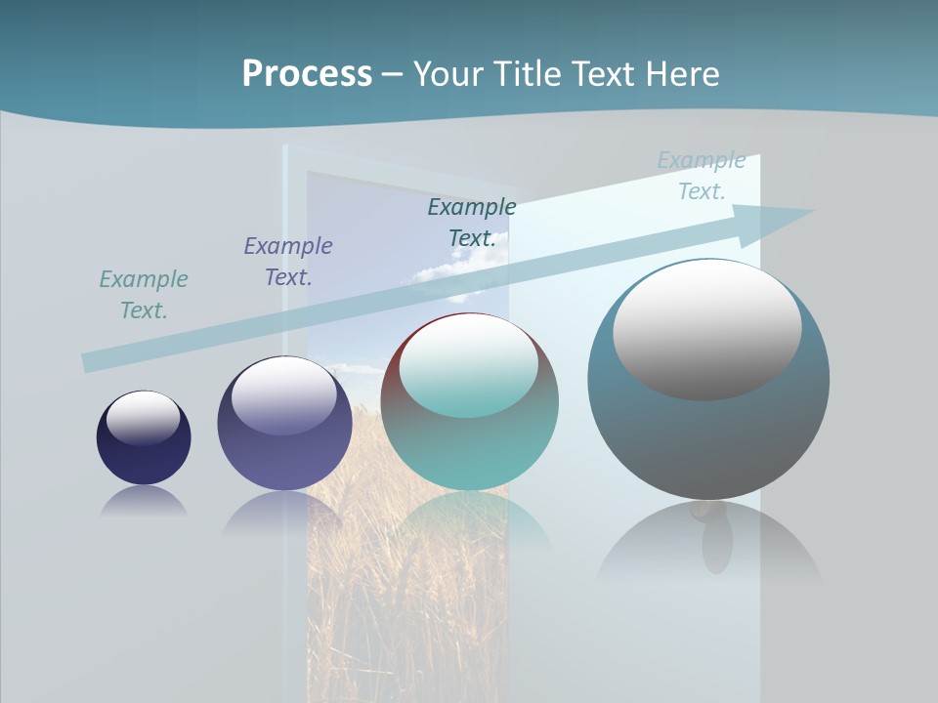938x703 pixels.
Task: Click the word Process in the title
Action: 307,74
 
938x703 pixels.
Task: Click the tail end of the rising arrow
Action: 90,362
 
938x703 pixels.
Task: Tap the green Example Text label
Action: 144,295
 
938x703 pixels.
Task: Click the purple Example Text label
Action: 288,262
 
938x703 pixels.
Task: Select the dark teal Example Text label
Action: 472,223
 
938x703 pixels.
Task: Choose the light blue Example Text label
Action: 702,176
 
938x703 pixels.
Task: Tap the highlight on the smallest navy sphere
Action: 144,416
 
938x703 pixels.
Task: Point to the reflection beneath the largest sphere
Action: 708,547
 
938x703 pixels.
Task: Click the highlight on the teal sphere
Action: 469,364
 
